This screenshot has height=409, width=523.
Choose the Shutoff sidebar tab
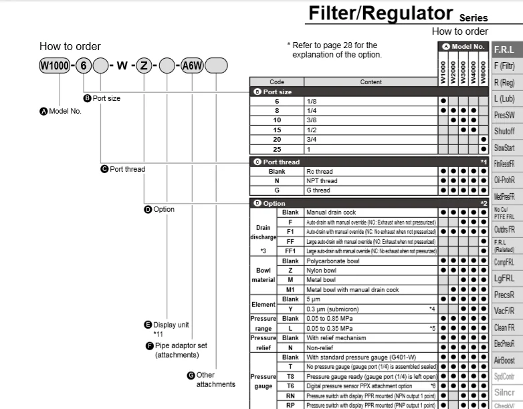[504, 131]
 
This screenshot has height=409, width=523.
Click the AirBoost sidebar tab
[504, 360]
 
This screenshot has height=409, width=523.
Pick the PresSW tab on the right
[504, 115]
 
